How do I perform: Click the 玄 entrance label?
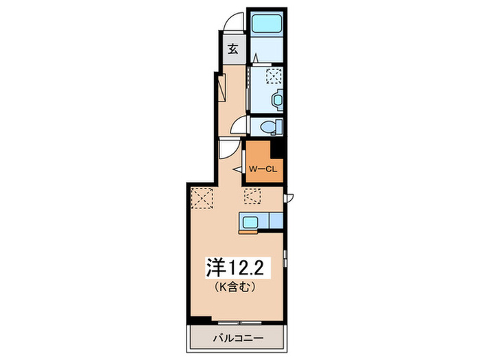click(x=233, y=49)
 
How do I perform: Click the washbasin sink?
click(x=276, y=101)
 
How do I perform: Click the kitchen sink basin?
click(x=248, y=221)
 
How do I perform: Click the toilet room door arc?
click(x=240, y=124)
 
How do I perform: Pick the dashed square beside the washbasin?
click(x=274, y=75)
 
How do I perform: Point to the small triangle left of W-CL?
click(x=238, y=168)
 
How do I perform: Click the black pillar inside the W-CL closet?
click(x=278, y=150)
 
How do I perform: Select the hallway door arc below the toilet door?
click(x=228, y=149)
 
